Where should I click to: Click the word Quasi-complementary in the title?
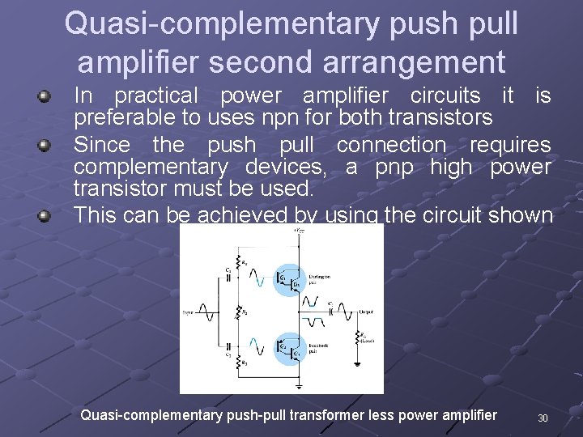pyautogui.click(x=218, y=24)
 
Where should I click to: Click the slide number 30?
pyautogui.click(x=543, y=418)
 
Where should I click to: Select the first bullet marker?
pyautogui.click(x=46, y=97)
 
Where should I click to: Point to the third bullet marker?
pyautogui.click(x=46, y=216)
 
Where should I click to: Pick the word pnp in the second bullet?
pyautogui.click(x=393, y=168)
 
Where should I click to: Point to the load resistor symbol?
pyautogui.click(x=357, y=337)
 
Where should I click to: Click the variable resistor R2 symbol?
pyautogui.click(x=238, y=312)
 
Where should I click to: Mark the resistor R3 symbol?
pyautogui.click(x=239, y=363)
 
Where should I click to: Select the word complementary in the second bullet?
pyautogui.click(x=151, y=168)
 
